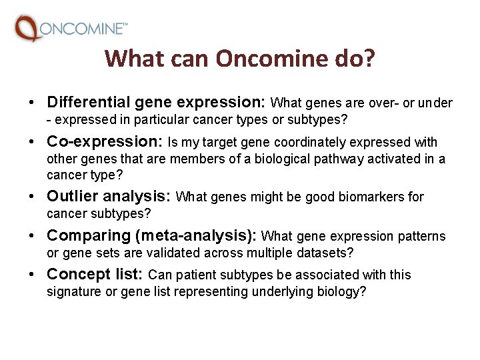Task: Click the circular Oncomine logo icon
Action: click(x=27, y=29)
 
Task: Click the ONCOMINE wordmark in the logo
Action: click(x=83, y=29)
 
